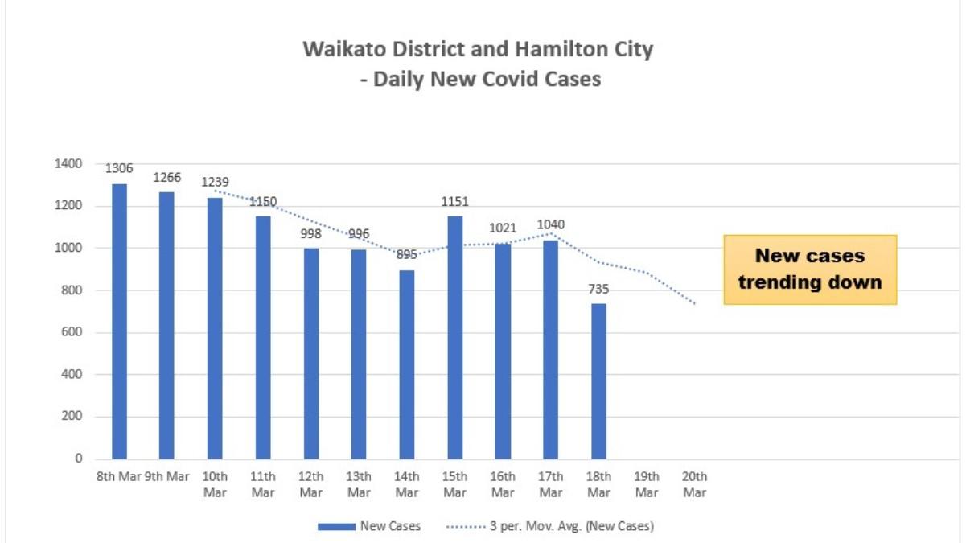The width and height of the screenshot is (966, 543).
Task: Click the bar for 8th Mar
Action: coord(119,322)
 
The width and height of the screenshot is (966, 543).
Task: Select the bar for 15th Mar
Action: coord(454,338)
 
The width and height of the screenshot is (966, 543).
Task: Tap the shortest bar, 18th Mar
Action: coord(599,381)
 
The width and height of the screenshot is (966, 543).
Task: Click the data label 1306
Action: coord(119,169)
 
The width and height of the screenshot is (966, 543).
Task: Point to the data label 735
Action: coord(599,289)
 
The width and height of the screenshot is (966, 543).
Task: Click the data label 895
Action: coord(407,255)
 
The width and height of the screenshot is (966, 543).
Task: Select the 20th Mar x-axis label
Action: coord(695,484)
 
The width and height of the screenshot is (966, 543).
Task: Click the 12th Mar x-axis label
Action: coord(311,484)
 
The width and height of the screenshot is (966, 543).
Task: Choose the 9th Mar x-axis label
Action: coord(166,476)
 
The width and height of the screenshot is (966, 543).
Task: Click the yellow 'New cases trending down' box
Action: coord(810,269)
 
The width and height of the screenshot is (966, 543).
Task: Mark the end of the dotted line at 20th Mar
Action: coord(694,303)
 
